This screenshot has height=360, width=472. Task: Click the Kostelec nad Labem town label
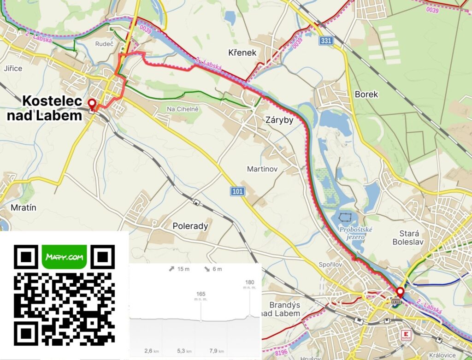45,108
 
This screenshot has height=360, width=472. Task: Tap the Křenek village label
242,53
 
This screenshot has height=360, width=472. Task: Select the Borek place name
366,94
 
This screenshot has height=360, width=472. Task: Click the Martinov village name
262,169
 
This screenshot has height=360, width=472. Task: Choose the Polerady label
190,226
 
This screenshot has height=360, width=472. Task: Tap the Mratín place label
23,208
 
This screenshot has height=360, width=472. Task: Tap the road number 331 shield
326,41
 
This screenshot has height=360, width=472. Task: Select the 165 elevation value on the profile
201,294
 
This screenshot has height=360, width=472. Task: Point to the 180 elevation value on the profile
250,283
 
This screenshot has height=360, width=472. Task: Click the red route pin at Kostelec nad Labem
92,104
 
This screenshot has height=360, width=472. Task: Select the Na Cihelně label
183,109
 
